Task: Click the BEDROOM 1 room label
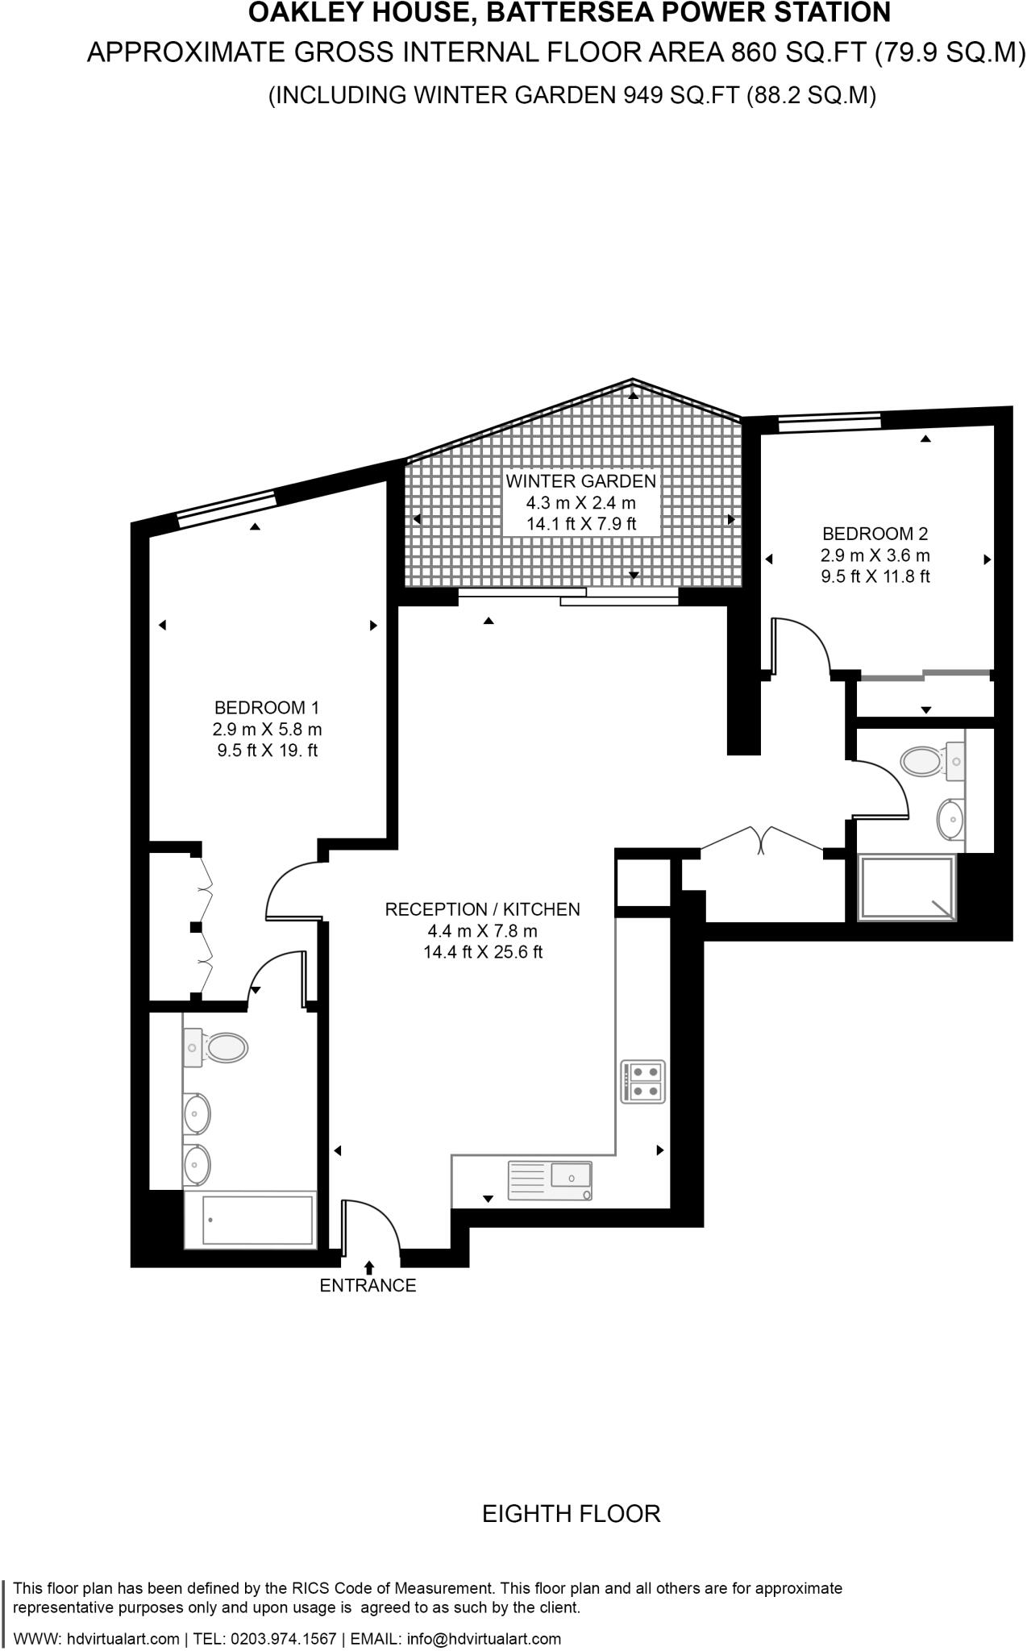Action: [x=266, y=708]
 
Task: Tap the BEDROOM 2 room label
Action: [x=875, y=534]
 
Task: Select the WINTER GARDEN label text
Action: [x=580, y=481]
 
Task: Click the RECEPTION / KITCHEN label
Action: [x=482, y=909]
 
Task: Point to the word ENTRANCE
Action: [x=368, y=1286]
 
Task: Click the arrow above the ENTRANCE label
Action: [x=369, y=1267]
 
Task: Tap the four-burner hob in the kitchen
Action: [x=642, y=1082]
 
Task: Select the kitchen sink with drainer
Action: [x=549, y=1180]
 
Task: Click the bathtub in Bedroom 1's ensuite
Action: [x=249, y=1220]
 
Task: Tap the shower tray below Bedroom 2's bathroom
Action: [x=907, y=889]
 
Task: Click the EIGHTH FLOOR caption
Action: [x=571, y=1514]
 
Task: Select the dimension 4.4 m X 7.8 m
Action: [x=482, y=931]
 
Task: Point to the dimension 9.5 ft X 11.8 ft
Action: [x=875, y=576]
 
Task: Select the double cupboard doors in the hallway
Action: [x=761, y=838]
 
